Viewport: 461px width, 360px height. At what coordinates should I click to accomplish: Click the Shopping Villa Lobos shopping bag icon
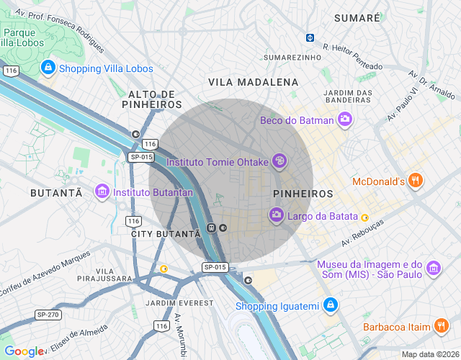pyautogui.click(x=48, y=68)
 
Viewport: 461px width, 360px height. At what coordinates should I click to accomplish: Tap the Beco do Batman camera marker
pyautogui.click(x=346, y=120)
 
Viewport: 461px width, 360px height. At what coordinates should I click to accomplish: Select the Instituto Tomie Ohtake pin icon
pyautogui.click(x=279, y=162)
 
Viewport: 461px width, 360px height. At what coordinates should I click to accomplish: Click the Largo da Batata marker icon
pyautogui.click(x=276, y=215)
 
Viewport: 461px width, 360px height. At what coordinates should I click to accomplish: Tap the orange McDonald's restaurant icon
pyautogui.click(x=415, y=181)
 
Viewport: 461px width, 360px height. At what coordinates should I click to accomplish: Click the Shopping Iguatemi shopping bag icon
pyautogui.click(x=330, y=306)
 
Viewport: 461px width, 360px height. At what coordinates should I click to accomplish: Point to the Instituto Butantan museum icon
pyautogui.click(x=102, y=192)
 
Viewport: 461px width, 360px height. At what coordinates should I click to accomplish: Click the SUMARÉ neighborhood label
pyautogui.click(x=357, y=17)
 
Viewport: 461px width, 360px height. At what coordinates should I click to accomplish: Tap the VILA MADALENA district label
pyautogui.click(x=253, y=82)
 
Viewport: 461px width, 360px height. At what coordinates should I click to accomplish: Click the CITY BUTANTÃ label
pyautogui.click(x=166, y=234)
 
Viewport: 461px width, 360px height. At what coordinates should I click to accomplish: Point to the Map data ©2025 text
pyautogui.click(x=429, y=354)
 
